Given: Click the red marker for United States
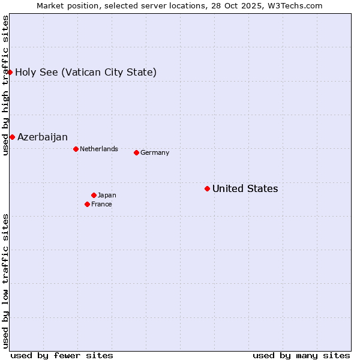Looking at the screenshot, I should (x=207, y=189).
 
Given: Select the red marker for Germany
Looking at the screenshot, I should (x=136, y=152).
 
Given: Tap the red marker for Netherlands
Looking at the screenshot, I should (x=76, y=149).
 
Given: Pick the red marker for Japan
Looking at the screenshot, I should (x=94, y=195).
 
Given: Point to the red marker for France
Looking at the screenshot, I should (x=87, y=204).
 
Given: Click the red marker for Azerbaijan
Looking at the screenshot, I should (x=12, y=137).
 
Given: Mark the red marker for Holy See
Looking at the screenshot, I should (x=10, y=72).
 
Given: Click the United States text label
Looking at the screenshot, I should (x=245, y=189).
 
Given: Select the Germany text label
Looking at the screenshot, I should (x=155, y=152).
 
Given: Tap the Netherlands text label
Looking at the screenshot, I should (x=98, y=149).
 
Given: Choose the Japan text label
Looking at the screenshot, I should (x=107, y=195).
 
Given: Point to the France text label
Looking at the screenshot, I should (x=101, y=204).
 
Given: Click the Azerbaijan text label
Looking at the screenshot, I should (x=42, y=137).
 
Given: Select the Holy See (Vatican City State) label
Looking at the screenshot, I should (x=86, y=73).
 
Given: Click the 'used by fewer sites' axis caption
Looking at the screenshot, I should (x=62, y=355).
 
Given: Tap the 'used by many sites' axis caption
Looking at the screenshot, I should (x=301, y=355).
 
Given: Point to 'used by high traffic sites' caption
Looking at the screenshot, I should (x=5, y=85).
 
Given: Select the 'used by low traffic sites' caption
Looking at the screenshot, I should (x=5, y=281).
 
